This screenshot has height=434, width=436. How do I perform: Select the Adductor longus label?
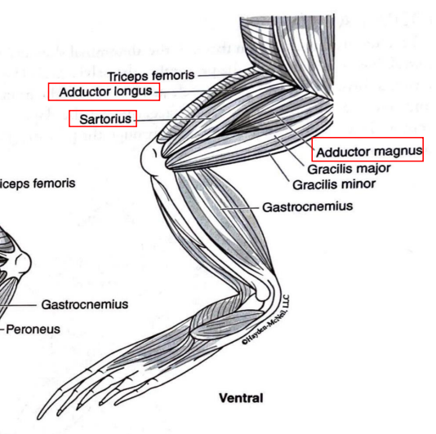[x=104, y=91]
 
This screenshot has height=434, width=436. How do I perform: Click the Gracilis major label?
[x=349, y=169]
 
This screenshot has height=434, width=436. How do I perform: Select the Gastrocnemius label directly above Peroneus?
[x=85, y=304]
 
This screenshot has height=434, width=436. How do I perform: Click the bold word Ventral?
[x=241, y=398]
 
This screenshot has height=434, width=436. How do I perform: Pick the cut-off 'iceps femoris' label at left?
[x=38, y=184]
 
